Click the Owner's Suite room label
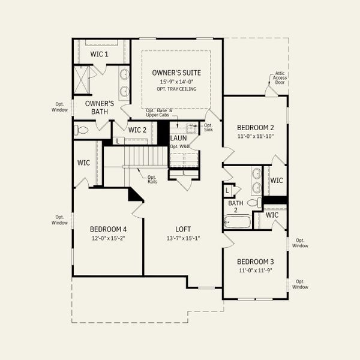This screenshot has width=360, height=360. (176, 73)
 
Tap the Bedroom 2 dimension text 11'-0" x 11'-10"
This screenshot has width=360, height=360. (256, 136)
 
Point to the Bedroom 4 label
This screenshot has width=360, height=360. (108, 229)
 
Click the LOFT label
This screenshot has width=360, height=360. (183, 229)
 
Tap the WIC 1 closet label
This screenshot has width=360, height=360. (99, 55)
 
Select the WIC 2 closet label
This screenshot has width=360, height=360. (137, 130)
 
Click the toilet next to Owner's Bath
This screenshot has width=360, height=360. (81, 130)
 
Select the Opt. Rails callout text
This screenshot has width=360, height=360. (152, 178)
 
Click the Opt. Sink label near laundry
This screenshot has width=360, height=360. (208, 127)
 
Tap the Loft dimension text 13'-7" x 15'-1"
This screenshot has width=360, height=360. (183, 238)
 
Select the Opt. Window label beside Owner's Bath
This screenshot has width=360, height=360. (59, 107)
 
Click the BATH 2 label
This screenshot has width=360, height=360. (236, 206)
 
